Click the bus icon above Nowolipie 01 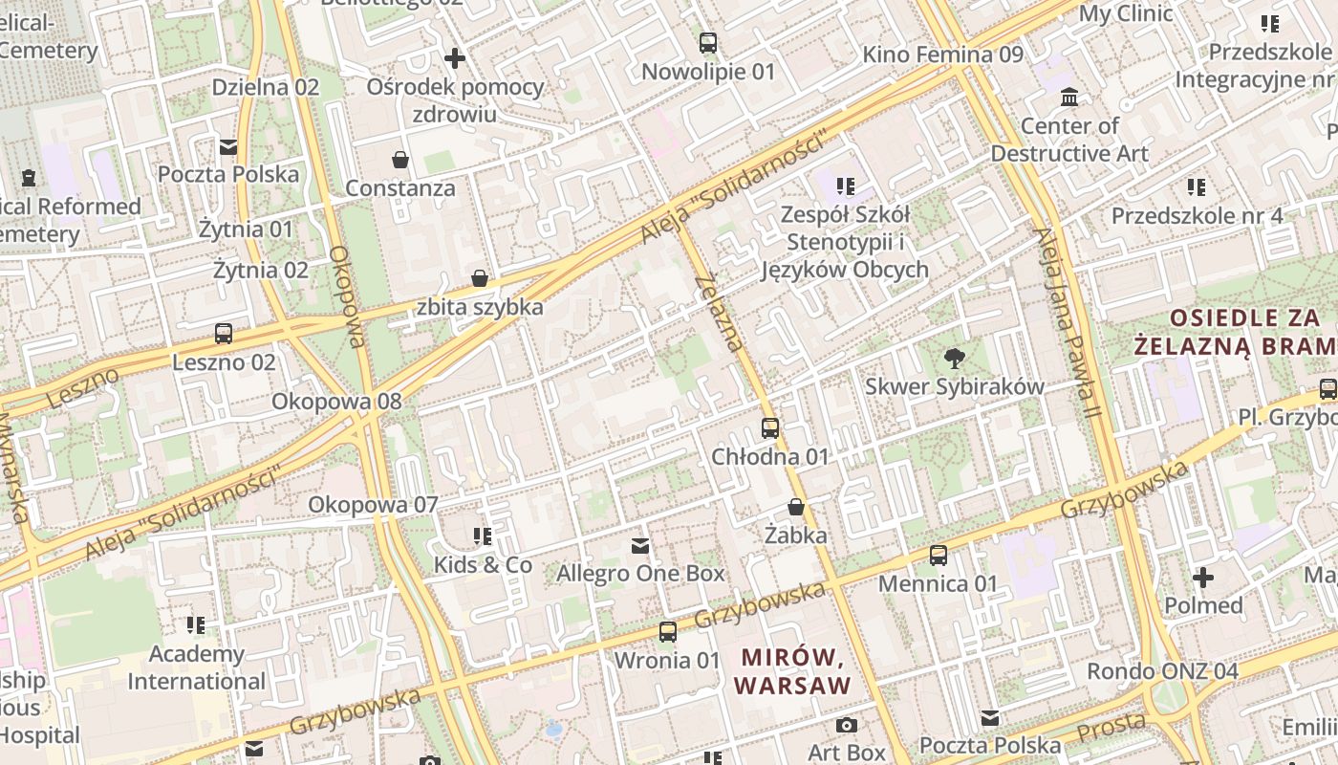pos(708,43)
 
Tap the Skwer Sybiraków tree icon pos(954,360)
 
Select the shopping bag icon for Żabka pos(796,507)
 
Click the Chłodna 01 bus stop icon pos(770,428)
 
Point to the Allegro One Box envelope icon pos(640,546)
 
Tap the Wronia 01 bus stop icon pos(667,632)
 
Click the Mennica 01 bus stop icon pos(939,556)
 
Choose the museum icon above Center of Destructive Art pos(1069,98)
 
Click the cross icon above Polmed pos(1203,578)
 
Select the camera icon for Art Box pos(847,726)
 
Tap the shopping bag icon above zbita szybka pos(480,278)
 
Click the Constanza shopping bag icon pos(399,160)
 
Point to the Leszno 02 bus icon pos(224,334)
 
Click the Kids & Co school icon pos(483,536)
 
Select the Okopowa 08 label pos(336,401)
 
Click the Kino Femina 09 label pos(942,55)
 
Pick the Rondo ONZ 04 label pos(1162,671)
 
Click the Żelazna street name pos(720,312)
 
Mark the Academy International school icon pos(196,625)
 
